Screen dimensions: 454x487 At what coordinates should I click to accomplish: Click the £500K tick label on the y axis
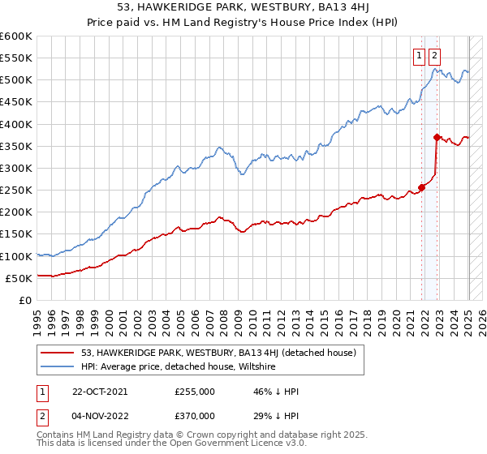(x=16, y=80)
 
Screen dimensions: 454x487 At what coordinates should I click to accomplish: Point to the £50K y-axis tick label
(x=19, y=278)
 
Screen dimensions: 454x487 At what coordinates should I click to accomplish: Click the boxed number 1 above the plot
(x=419, y=56)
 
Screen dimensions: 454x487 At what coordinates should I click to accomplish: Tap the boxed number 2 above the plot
(x=434, y=56)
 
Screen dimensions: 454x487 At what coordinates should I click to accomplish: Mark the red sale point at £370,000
(x=437, y=137)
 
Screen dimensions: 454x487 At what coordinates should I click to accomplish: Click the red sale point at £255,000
(x=421, y=187)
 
